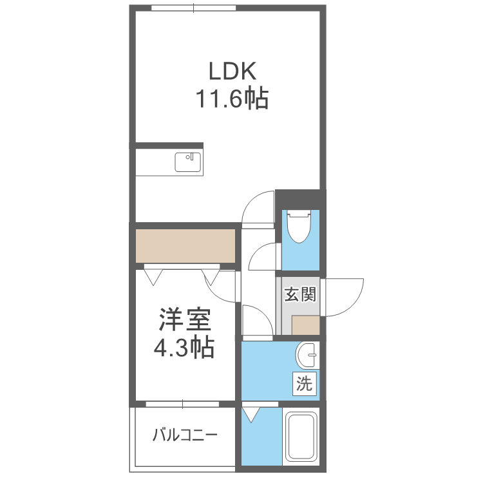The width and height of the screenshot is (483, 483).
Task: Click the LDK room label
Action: pos(232,71)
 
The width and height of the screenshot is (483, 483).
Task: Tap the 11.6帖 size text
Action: pos(232,99)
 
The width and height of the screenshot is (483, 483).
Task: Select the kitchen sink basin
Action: pos(188,162)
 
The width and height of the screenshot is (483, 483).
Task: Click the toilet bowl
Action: pos(298,227)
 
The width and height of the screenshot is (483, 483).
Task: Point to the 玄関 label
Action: pos(300,294)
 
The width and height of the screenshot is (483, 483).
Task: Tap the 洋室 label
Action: pos(185,319)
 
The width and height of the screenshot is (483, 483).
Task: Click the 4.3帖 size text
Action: pos(184,348)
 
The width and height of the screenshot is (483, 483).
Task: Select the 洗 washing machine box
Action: pos(305,384)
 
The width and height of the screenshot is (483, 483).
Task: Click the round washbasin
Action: pos(308,355)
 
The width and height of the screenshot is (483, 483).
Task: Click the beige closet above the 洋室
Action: pos(185,246)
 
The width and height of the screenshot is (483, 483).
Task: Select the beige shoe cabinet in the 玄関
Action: pos(305,325)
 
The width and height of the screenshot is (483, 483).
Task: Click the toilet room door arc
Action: pos(257,250)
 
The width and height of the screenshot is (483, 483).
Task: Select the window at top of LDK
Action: pos(193,8)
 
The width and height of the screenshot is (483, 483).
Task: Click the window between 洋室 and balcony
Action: pos(182,404)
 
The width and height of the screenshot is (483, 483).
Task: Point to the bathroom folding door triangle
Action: pos(251,415)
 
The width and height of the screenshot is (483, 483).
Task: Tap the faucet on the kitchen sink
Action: pos(190,156)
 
